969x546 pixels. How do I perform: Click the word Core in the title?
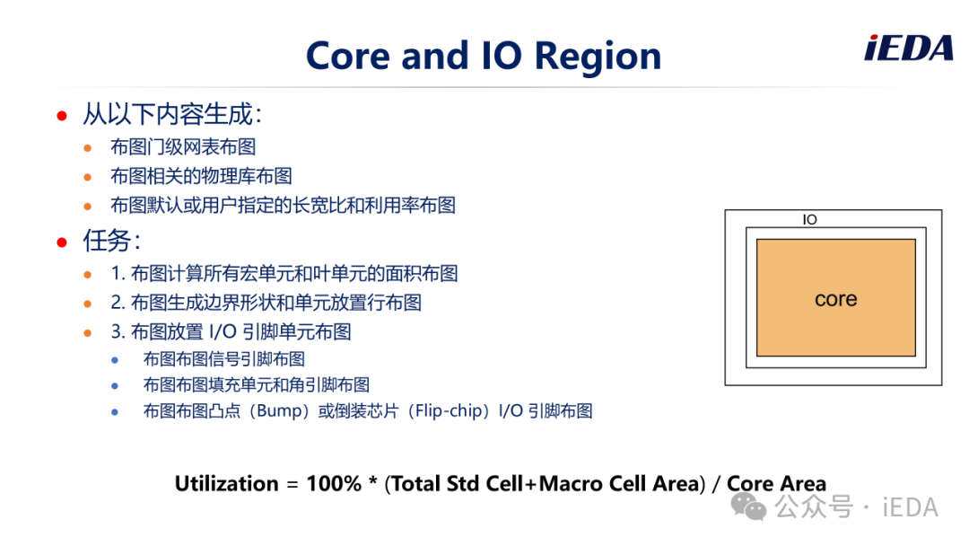point(348,56)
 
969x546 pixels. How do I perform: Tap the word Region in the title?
point(598,57)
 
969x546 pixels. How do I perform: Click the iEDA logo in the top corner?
point(908,48)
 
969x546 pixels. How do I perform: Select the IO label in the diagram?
point(809,219)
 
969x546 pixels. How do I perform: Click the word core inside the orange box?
point(835,299)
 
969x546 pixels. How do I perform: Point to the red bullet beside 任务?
point(62,242)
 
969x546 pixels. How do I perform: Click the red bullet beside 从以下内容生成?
point(62,116)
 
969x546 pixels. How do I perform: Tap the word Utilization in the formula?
point(226,483)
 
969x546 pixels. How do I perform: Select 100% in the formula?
point(334,483)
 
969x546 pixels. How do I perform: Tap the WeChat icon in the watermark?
point(747,507)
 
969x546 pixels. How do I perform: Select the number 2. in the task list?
point(118,303)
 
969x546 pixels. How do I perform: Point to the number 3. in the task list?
point(118,332)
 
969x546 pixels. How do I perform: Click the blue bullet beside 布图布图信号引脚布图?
point(115,360)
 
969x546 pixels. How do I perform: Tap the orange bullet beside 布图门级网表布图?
point(88,148)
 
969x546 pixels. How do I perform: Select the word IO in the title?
point(501,56)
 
